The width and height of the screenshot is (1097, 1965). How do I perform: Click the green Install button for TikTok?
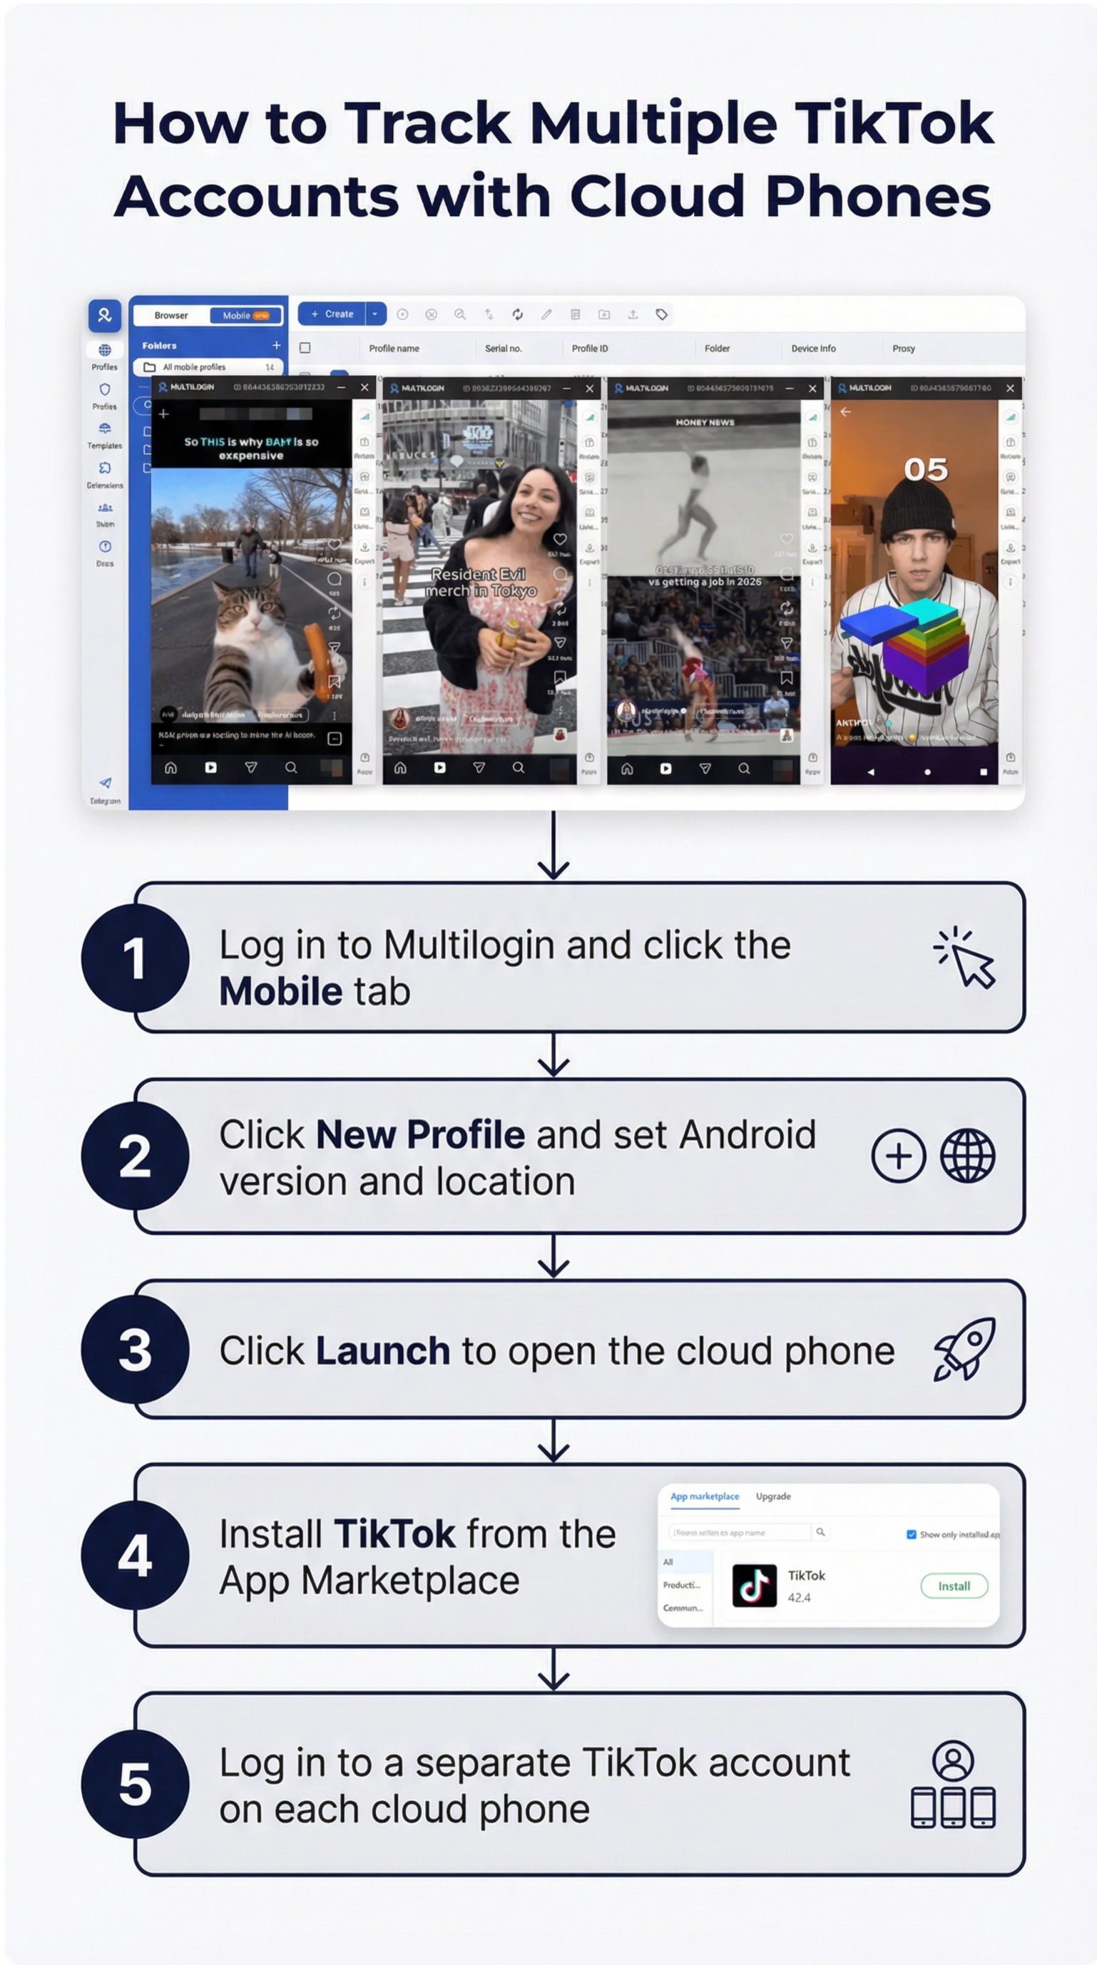click(x=954, y=1586)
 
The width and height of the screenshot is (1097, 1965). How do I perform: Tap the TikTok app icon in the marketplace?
click(x=754, y=1585)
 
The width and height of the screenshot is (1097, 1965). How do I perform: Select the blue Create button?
click(x=332, y=314)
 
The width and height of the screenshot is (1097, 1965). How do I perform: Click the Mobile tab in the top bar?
click(x=245, y=315)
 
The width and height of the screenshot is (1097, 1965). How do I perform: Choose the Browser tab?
click(x=171, y=315)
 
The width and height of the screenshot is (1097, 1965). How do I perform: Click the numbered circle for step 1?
click(x=135, y=958)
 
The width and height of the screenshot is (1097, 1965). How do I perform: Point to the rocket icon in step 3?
click(x=964, y=1350)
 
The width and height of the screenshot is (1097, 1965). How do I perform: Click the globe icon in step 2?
click(x=966, y=1156)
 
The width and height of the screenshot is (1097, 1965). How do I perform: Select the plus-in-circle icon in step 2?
click(x=899, y=1156)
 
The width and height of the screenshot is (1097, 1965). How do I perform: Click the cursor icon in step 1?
click(x=966, y=959)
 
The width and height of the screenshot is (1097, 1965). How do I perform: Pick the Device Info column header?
click(x=813, y=349)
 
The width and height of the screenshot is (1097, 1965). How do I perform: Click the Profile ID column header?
click(x=590, y=349)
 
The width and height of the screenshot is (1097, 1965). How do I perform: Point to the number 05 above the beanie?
click(x=925, y=470)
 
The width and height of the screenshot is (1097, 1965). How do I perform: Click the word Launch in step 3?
click(x=382, y=1351)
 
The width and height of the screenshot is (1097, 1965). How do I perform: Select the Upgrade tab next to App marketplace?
click(x=772, y=1496)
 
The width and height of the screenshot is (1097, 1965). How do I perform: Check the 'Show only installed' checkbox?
click(x=911, y=1534)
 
